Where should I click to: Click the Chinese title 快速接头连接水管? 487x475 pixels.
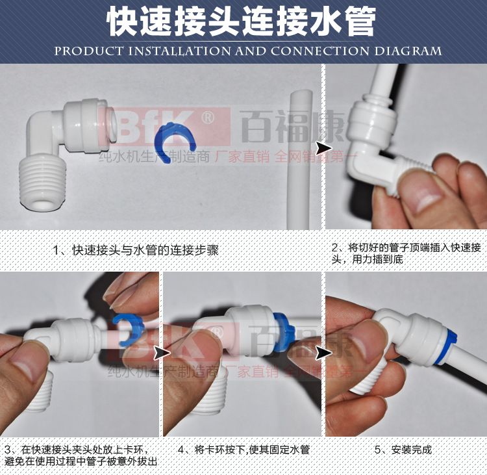(241, 22)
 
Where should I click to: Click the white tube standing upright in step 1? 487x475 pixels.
(301, 159)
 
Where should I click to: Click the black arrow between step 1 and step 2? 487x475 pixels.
(319, 147)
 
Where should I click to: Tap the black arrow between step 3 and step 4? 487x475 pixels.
(160, 352)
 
